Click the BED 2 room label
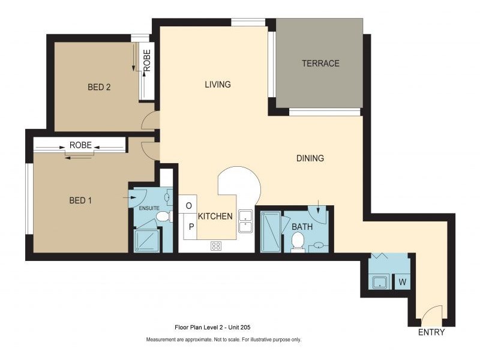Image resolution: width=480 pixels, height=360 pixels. pyautogui.click(x=99, y=87)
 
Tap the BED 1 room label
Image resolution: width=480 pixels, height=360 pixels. pyautogui.click(x=80, y=200)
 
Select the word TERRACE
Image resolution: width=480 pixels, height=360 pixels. pyautogui.click(x=320, y=64)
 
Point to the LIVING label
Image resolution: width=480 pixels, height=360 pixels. pyautogui.click(x=218, y=85)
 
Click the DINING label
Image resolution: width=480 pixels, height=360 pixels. pyautogui.click(x=310, y=158)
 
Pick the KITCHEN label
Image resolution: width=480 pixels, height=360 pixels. pyautogui.click(x=215, y=215)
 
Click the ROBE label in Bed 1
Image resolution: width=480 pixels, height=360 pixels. pyautogui.click(x=80, y=145)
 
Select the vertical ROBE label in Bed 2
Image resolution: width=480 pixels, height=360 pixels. pyautogui.click(x=147, y=61)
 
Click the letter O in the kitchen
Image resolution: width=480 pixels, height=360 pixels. pyautogui.click(x=189, y=206)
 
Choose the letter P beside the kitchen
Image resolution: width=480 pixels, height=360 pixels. pyautogui.click(x=191, y=226)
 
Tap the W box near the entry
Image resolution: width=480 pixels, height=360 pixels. pyautogui.click(x=401, y=281)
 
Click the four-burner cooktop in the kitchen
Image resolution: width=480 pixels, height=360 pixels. pyautogui.click(x=216, y=245)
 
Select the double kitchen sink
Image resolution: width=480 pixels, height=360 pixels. pyautogui.click(x=245, y=221)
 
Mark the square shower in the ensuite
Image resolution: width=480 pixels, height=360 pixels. pyautogui.click(x=146, y=241)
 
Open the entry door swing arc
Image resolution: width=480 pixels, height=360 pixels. pyautogui.click(x=433, y=313)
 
